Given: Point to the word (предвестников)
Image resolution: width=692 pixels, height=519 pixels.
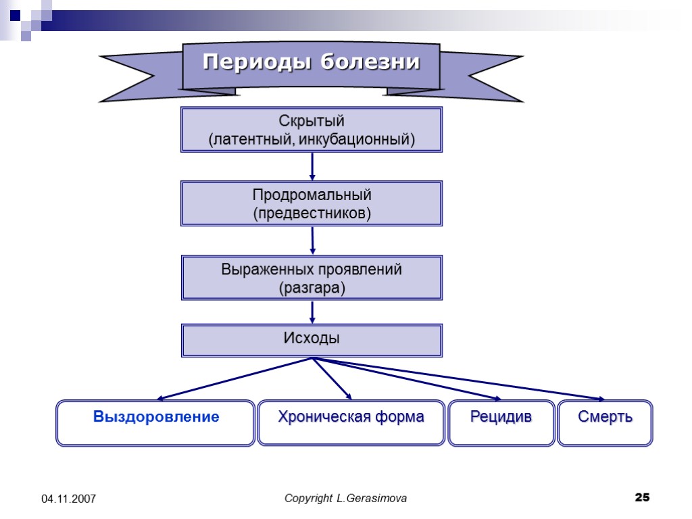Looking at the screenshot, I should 312,214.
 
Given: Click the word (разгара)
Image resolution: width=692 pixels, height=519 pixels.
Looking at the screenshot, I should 312,288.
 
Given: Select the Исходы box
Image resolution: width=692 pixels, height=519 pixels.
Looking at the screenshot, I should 312,339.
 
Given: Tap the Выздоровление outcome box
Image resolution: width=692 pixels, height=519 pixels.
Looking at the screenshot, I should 155,423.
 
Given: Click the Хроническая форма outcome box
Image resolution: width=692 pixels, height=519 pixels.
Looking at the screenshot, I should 351,423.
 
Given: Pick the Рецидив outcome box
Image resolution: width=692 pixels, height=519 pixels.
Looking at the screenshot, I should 501,423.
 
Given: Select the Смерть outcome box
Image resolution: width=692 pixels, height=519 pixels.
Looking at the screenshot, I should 605,423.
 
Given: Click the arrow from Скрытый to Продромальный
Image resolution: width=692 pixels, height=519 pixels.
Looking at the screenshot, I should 312,166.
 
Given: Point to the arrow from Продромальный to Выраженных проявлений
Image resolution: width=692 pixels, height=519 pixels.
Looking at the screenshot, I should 312,240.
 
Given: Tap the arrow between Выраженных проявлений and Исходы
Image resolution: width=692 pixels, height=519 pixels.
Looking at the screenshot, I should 312,312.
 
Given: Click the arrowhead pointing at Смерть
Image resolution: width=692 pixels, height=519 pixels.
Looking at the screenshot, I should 600,399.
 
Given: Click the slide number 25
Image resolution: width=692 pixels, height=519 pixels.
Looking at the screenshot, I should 642,498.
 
